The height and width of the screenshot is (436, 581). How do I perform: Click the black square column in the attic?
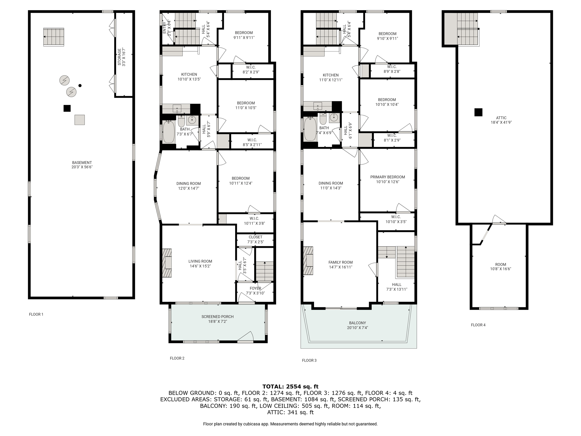click(478, 112)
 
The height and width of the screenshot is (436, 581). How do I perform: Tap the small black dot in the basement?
click(80, 85)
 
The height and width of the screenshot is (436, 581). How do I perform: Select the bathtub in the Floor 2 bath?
click(169, 132)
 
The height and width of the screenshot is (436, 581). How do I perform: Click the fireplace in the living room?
click(167, 263)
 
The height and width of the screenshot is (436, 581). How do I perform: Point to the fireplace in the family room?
click(308, 261)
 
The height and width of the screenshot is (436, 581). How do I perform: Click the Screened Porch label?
click(218, 316)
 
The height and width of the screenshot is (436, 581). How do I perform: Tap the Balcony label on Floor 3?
click(357, 323)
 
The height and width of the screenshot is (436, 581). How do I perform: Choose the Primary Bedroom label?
click(388, 177)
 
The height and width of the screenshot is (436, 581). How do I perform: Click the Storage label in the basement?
click(119, 57)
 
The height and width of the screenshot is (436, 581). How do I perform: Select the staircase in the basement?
click(54, 37)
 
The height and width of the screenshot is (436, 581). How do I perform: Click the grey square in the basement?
click(80, 120)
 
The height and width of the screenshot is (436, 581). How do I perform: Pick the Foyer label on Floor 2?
click(255, 288)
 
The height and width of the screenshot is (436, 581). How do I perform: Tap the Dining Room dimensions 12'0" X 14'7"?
click(189, 188)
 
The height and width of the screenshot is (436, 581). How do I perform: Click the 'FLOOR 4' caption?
click(478, 325)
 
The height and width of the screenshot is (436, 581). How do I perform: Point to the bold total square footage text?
click(290, 386)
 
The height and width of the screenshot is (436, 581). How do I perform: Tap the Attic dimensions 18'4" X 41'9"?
click(501, 123)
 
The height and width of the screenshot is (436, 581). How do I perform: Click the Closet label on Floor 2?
click(255, 237)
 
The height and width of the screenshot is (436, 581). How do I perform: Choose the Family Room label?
click(340, 262)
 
